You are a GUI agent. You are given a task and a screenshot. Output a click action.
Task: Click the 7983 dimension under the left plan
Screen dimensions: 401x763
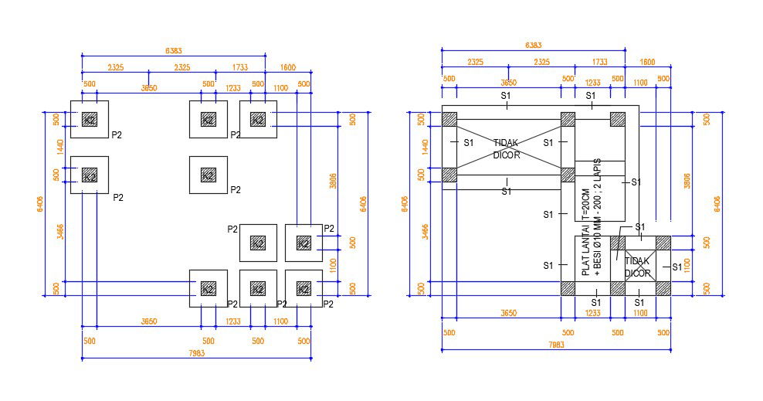tap(197, 353)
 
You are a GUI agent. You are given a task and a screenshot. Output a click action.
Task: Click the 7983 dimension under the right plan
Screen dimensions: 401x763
tap(556, 345)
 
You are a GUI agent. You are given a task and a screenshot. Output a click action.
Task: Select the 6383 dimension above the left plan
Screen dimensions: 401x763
tap(174, 50)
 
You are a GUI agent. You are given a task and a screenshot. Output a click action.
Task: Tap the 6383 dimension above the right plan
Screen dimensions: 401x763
tap(534, 46)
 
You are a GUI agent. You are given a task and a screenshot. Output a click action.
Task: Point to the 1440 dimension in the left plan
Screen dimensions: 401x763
tap(56, 147)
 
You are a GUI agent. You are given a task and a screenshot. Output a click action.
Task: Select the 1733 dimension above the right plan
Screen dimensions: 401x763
tap(599, 62)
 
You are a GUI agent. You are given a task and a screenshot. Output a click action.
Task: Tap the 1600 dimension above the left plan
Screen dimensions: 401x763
tap(287, 68)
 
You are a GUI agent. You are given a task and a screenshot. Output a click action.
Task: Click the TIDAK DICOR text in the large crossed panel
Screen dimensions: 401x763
tap(507, 148)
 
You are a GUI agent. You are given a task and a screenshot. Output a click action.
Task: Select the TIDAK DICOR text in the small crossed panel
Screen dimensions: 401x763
tap(637, 267)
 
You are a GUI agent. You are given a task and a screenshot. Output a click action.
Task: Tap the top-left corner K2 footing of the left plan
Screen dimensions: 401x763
tap(90, 119)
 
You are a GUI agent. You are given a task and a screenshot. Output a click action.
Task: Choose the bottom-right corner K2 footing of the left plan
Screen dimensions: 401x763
tap(304, 288)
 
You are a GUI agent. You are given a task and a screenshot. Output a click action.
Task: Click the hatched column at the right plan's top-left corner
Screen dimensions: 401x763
tap(449, 119)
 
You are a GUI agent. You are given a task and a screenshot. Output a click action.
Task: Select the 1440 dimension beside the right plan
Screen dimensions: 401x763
tap(423, 147)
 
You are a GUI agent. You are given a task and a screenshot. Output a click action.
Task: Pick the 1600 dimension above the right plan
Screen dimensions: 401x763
tap(647, 62)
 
